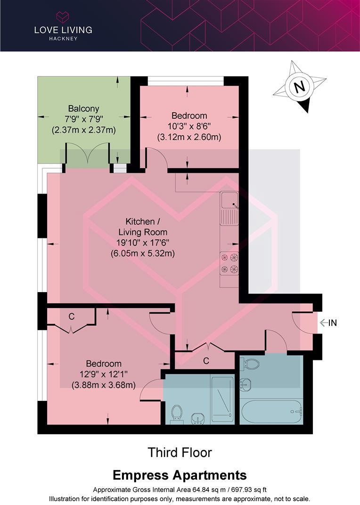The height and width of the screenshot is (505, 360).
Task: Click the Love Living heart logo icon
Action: [x=63, y=17]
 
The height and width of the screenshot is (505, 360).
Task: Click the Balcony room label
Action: [x=83, y=109]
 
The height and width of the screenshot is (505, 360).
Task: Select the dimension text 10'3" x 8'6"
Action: [x=189, y=126]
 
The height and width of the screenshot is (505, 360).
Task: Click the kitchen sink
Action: [x=229, y=207]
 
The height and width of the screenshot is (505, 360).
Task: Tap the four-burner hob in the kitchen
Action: [x=229, y=263]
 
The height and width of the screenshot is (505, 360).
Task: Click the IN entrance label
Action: [x=332, y=323]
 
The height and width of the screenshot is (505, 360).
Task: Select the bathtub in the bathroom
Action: [x=270, y=412]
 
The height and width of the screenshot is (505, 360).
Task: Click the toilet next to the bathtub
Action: [x=250, y=364]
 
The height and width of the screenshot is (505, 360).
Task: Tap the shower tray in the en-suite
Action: [x=222, y=399]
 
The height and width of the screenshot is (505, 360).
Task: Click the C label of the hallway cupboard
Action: [x=206, y=361]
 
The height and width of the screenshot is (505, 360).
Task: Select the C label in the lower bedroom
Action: [x=71, y=317]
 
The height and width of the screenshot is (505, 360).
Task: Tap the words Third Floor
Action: [x=180, y=453]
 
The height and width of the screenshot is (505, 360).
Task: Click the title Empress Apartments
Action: [x=180, y=474]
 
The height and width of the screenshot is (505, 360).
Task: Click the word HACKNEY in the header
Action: [x=63, y=38]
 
